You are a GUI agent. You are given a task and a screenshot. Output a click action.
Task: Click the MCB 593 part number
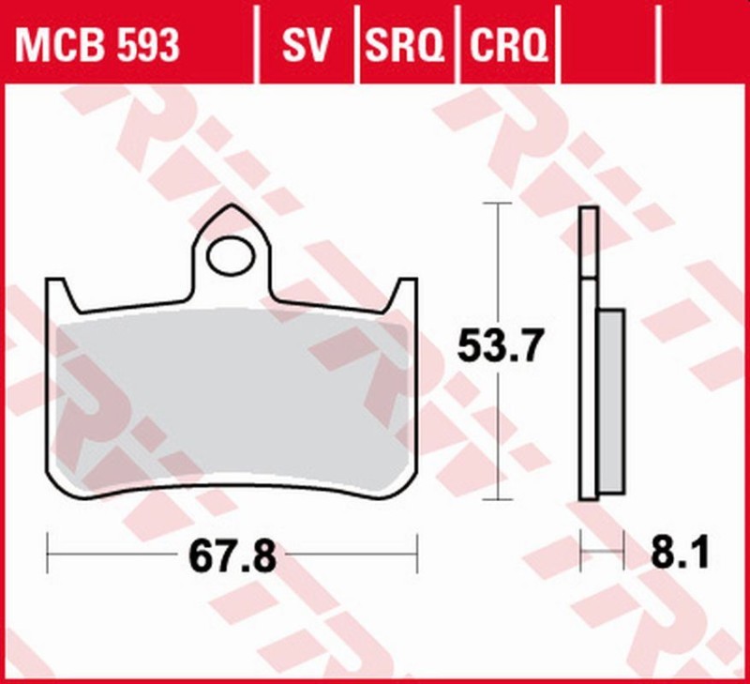pyautogui.click(x=97, y=44)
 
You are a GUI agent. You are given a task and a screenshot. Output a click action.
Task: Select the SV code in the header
pyautogui.click(x=307, y=44)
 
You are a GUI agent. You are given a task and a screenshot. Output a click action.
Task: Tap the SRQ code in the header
pyautogui.click(x=405, y=44)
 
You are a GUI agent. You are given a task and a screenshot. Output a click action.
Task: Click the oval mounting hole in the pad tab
pyautogui.click(x=232, y=256)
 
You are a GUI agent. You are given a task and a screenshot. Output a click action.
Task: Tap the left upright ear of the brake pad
pyautogui.click(x=60, y=296)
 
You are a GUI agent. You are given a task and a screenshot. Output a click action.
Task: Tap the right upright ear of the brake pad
pyautogui.click(x=404, y=296)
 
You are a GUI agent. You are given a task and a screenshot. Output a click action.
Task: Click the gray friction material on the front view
pyautogui.click(x=232, y=394)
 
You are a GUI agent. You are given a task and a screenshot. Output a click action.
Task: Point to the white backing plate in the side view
pyautogui.click(x=588, y=394)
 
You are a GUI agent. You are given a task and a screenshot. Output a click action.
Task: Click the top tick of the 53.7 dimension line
pyautogui.click(x=496, y=203)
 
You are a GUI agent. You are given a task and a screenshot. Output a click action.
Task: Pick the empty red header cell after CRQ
pyautogui.click(x=610, y=44)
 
